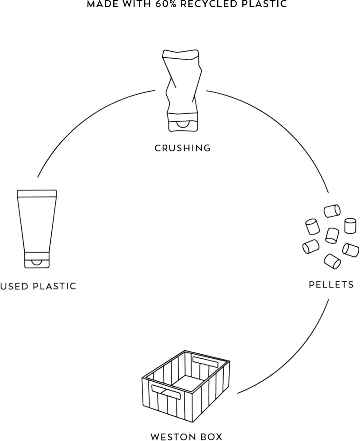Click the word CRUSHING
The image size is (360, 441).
182,148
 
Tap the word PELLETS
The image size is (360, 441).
331,284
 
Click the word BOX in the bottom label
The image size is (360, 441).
212,437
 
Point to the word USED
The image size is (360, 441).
15,286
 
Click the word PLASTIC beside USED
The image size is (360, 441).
55,286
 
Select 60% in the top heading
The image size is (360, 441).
167,4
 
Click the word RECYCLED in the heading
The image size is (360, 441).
210,4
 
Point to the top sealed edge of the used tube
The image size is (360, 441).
37,193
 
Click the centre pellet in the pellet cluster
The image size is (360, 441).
332,235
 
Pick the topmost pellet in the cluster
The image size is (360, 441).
332,211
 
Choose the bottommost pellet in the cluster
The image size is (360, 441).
332,261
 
